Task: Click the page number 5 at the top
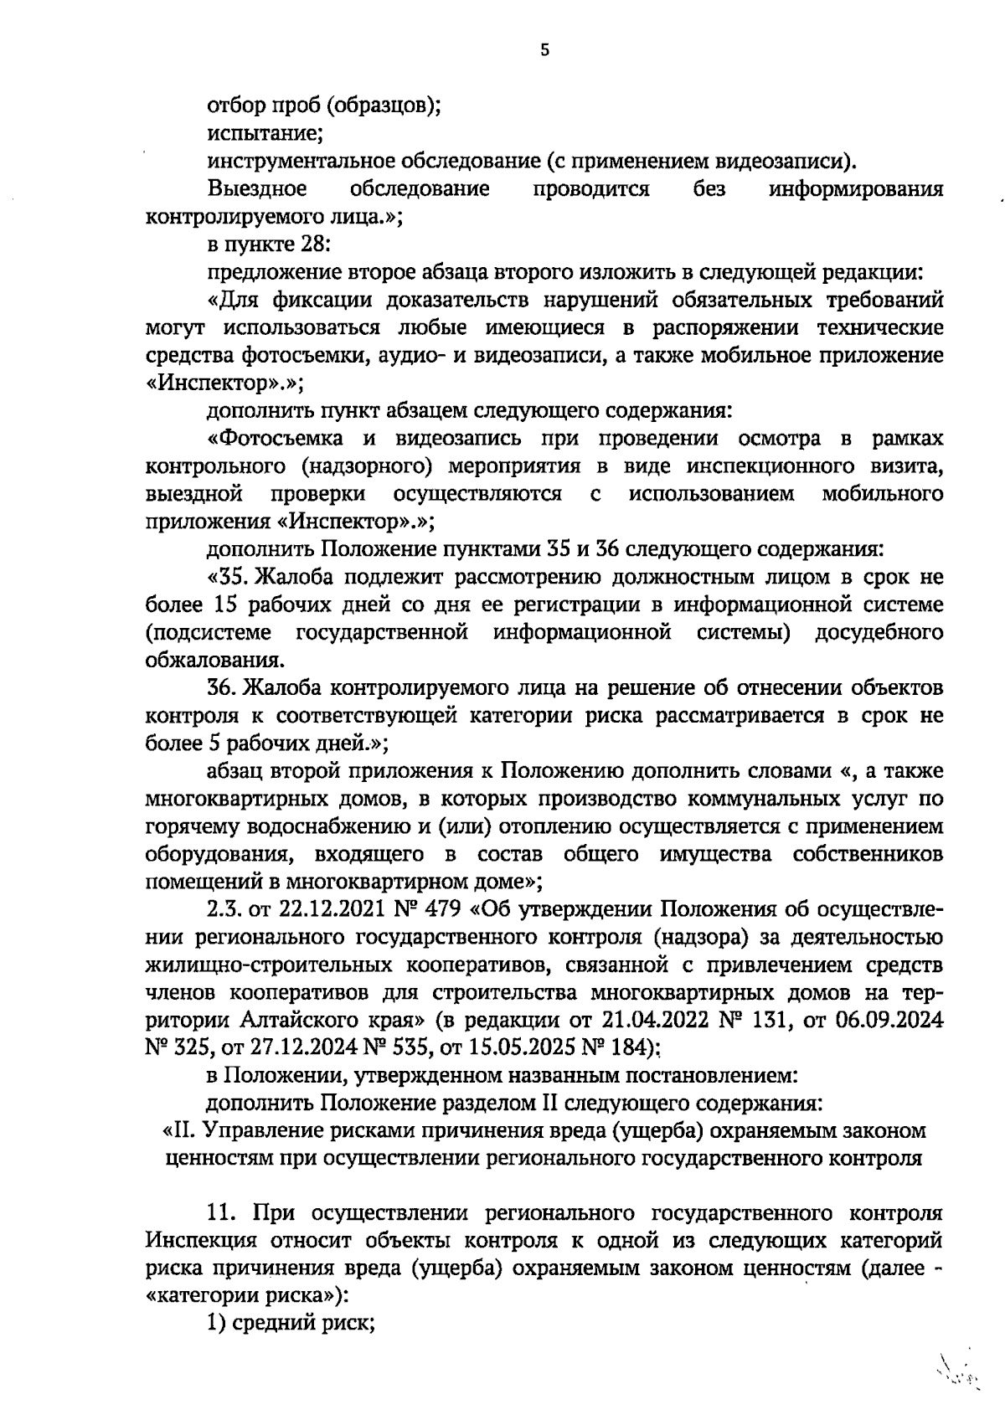click(x=545, y=50)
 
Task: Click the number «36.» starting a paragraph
click(x=224, y=687)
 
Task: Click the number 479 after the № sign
click(x=425, y=909)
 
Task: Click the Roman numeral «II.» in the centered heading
click(x=183, y=1131)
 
